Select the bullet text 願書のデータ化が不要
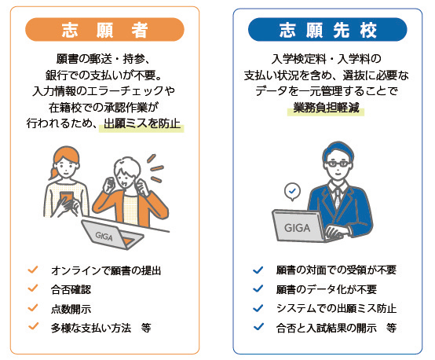[x=326, y=288]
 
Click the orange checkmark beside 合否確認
[x=33, y=288]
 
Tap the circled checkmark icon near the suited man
[x=293, y=190]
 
